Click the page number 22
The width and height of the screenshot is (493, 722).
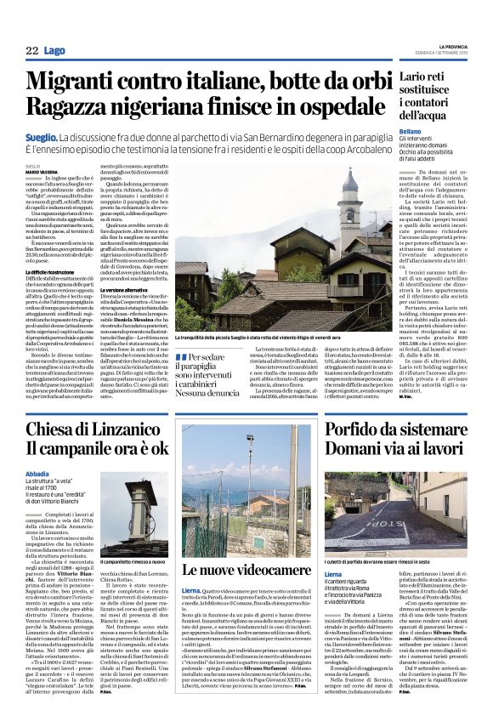(x=31, y=51)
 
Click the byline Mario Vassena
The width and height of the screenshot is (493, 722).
(x=39, y=172)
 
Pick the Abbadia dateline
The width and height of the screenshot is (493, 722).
(x=37, y=473)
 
